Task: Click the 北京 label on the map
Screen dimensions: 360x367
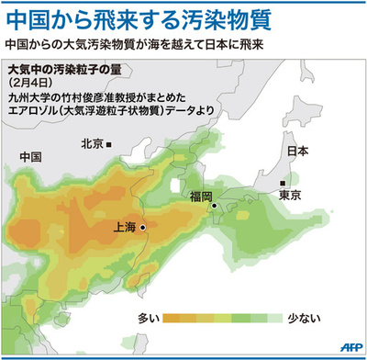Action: coord(91,143)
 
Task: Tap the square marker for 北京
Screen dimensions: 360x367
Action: coord(109,144)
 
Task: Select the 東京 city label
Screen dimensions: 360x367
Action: coord(291,195)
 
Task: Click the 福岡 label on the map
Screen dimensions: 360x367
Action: coord(201,197)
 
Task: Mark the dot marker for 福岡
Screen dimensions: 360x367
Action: coord(214,206)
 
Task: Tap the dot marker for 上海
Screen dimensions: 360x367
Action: coord(142,225)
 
